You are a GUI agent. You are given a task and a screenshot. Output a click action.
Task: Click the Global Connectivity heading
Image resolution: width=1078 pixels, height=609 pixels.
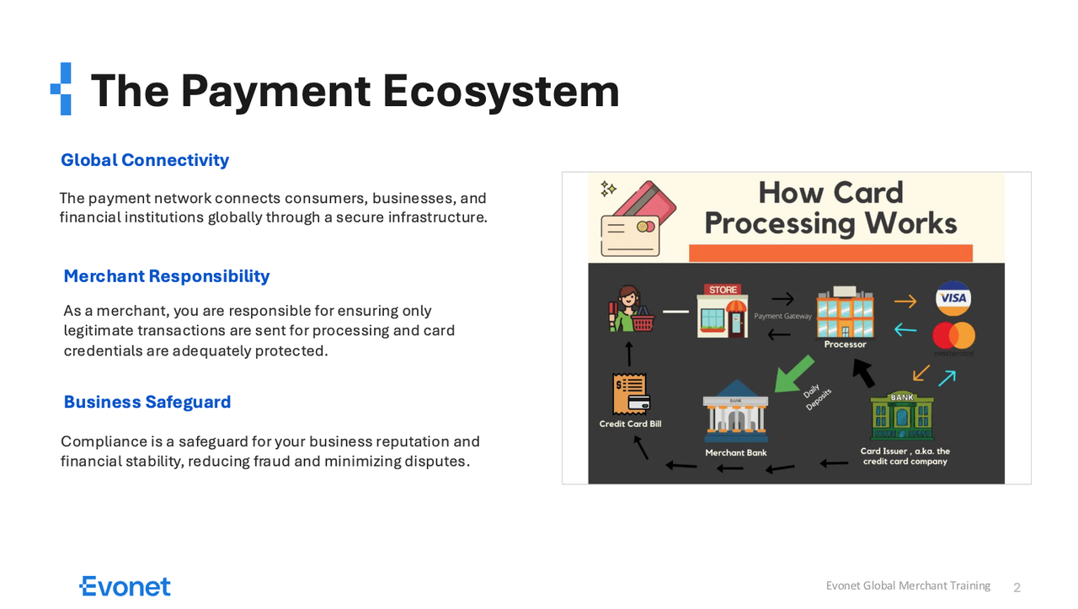point(145,160)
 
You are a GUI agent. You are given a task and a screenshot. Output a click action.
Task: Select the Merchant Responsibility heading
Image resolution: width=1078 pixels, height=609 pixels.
point(167,276)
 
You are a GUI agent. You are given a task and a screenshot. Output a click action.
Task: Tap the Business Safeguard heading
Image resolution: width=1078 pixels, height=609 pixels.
point(147,402)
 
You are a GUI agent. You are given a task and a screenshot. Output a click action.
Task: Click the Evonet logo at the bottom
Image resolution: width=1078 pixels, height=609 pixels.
point(125,586)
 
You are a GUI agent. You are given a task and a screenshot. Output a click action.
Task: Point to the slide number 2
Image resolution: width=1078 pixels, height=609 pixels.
point(1017,587)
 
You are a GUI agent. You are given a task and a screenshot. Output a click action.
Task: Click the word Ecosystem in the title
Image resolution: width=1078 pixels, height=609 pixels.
point(501,92)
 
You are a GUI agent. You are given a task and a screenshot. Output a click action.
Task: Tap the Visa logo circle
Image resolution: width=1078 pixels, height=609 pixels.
point(953,298)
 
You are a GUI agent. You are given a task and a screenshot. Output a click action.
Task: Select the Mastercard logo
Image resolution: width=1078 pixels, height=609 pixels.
point(954,336)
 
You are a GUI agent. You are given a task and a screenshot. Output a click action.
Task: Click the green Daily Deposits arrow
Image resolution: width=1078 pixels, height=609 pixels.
point(793,374)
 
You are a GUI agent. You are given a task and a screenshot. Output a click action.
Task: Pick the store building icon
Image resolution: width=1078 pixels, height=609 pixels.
point(723,311)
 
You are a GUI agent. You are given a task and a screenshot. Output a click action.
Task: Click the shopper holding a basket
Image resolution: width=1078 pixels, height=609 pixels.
point(631,308)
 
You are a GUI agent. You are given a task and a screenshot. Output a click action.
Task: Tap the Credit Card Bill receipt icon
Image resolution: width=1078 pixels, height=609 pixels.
point(631,393)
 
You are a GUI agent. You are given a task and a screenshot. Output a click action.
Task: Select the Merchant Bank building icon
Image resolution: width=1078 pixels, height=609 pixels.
point(736,411)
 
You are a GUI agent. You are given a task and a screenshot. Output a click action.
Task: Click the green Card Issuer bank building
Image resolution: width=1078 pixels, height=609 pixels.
point(902,415)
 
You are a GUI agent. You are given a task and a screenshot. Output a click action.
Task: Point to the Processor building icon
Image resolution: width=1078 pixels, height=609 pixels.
point(845,312)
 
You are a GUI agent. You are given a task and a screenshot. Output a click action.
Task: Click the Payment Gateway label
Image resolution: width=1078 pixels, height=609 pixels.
point(782,317)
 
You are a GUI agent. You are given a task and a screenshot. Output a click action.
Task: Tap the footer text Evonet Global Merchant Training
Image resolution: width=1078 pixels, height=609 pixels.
point(908,586)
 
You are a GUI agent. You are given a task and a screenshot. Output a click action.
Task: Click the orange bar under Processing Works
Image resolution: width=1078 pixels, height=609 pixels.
point(830,254)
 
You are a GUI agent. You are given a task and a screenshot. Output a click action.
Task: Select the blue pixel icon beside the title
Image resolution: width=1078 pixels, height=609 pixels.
point(61,89)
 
